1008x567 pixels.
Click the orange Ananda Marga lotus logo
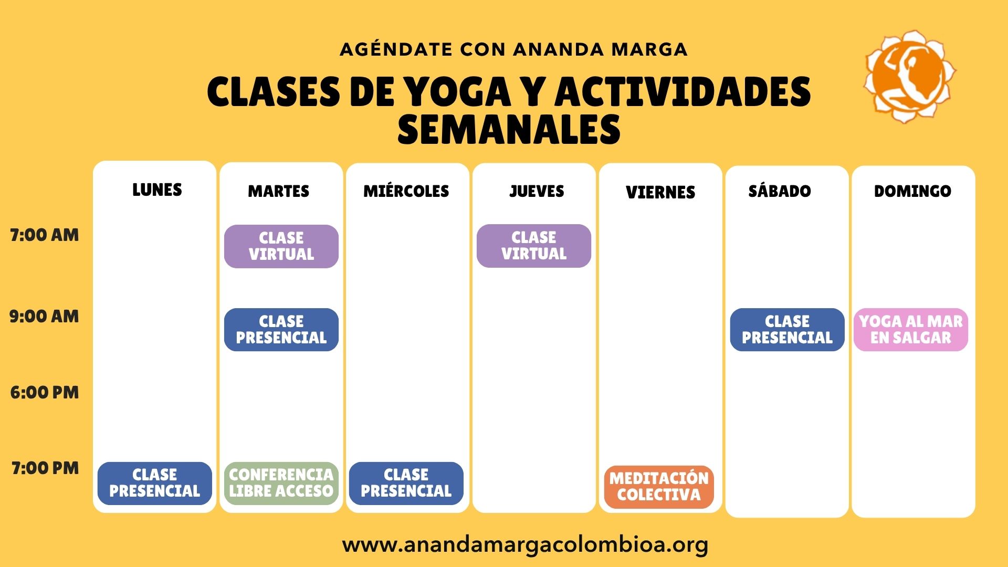(909, 77)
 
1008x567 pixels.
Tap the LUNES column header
(157, 190)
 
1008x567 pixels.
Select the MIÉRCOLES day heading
(406, 191)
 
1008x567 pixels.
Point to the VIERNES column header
(660, 193)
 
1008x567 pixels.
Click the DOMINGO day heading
(912, 191)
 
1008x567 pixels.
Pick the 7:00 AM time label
(45, 235)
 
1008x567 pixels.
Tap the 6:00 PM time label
(45, 393)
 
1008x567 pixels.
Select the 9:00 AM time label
(45, 317)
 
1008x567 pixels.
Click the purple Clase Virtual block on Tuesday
(281, 246)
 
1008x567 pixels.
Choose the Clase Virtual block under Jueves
(534, 246)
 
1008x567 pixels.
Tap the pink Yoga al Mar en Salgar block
(911, 330)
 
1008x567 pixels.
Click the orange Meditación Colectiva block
(659, 487)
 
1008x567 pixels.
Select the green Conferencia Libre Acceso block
(281, 484)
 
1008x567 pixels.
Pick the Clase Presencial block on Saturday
(787, 330)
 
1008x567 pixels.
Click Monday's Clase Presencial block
(155, 484)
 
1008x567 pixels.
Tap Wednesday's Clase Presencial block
(406, 484)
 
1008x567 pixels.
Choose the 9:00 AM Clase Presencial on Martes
(281, 330)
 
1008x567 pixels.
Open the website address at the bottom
(525, 544)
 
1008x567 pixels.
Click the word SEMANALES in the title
(509, 130)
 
